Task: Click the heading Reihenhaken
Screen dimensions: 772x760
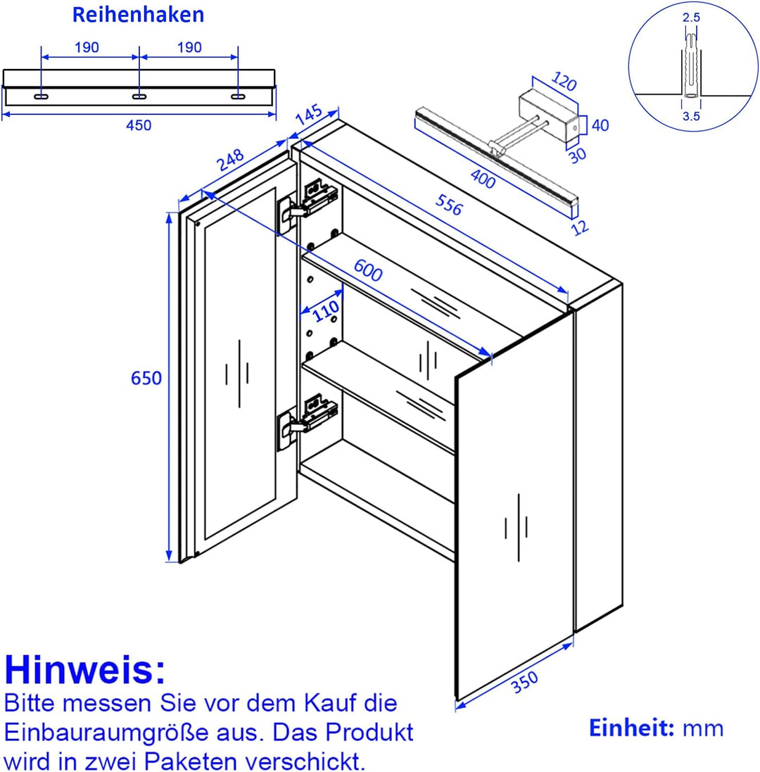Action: (139, 15)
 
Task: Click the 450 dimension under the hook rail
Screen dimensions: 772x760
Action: (139, 125)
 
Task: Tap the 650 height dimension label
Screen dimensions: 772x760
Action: (146, 378)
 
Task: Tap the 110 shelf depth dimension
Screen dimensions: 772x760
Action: (325, 310)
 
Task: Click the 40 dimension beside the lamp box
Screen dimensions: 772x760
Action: (600, 125)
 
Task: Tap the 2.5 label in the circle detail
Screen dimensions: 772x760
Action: (691, 18)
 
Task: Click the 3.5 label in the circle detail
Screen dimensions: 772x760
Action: (691, 118)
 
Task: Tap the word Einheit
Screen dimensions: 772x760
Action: (631, 728)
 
